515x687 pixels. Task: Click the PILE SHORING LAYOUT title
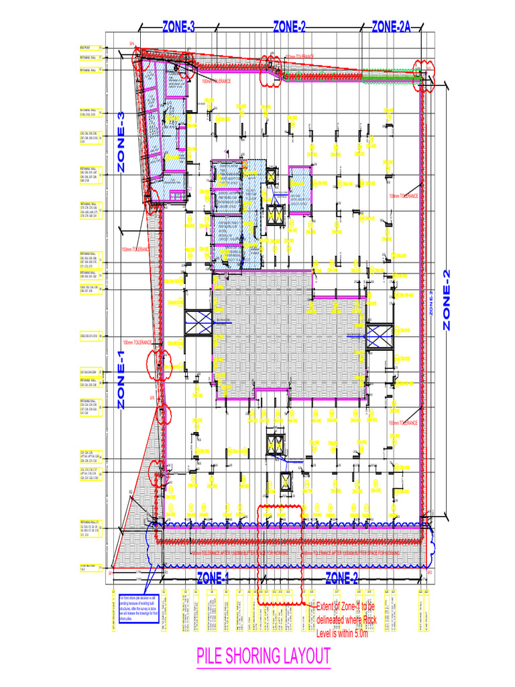click(264, 655)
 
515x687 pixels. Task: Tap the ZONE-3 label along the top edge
click(178, 27)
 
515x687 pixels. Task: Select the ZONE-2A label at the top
click(391, 27)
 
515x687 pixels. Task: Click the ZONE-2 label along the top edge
click(289, 27)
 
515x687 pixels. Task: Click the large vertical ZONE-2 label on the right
click(447, 299)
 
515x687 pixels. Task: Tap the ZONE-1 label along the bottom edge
click(213, 578)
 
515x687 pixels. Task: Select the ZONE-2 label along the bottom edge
click(342, 578)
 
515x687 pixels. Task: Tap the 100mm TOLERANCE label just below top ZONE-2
click(299, 57)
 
